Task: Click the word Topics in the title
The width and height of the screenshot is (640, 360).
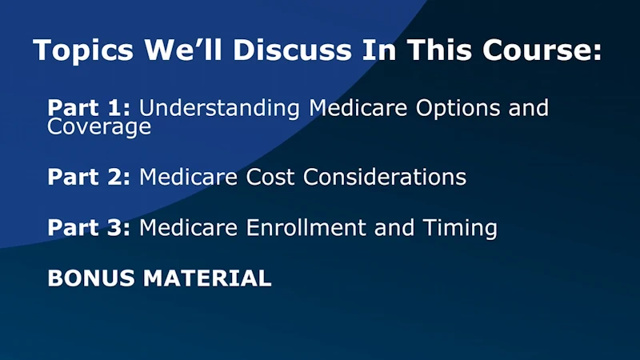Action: pos(83,50)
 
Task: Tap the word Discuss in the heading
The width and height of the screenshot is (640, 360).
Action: pos(292,50)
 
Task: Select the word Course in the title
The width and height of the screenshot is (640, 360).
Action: pos(542,50)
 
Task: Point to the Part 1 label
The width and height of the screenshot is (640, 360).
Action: pos(89,108)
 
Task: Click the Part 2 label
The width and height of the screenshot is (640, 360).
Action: pos(89,177)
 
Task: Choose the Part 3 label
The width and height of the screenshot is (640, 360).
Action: pos(89,227)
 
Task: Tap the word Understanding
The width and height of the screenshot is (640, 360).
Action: pos(219,109)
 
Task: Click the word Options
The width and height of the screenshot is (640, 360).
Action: pos(458,109)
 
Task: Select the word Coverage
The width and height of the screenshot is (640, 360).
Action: pos(99,127)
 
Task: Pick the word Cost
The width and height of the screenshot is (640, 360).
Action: pos(270,177)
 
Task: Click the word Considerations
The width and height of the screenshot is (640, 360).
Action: pos(385,177)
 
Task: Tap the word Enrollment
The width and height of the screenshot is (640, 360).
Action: pos(306,227)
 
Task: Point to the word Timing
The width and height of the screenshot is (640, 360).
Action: pos(460,228)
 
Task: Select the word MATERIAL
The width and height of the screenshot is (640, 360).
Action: pos(207,278)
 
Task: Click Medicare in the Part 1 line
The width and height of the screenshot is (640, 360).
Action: pos(358,108)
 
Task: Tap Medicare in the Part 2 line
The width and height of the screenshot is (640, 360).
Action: pos(189,177)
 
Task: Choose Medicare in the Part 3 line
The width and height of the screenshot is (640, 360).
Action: pos(189,227)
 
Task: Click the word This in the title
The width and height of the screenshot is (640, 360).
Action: pos(439,50)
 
